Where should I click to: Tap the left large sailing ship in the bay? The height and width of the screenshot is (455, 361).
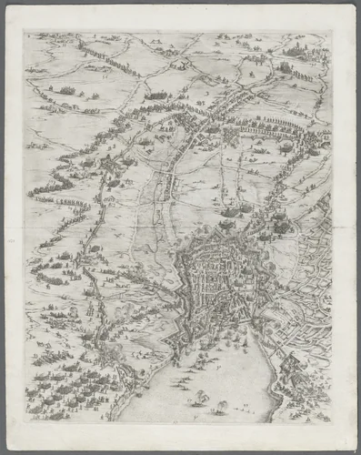(197, 398)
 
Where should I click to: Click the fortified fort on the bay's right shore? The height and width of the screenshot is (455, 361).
(293, 369)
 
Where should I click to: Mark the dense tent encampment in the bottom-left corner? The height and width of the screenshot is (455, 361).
(64, 387)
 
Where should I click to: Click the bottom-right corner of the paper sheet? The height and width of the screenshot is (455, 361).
(353, 449)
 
